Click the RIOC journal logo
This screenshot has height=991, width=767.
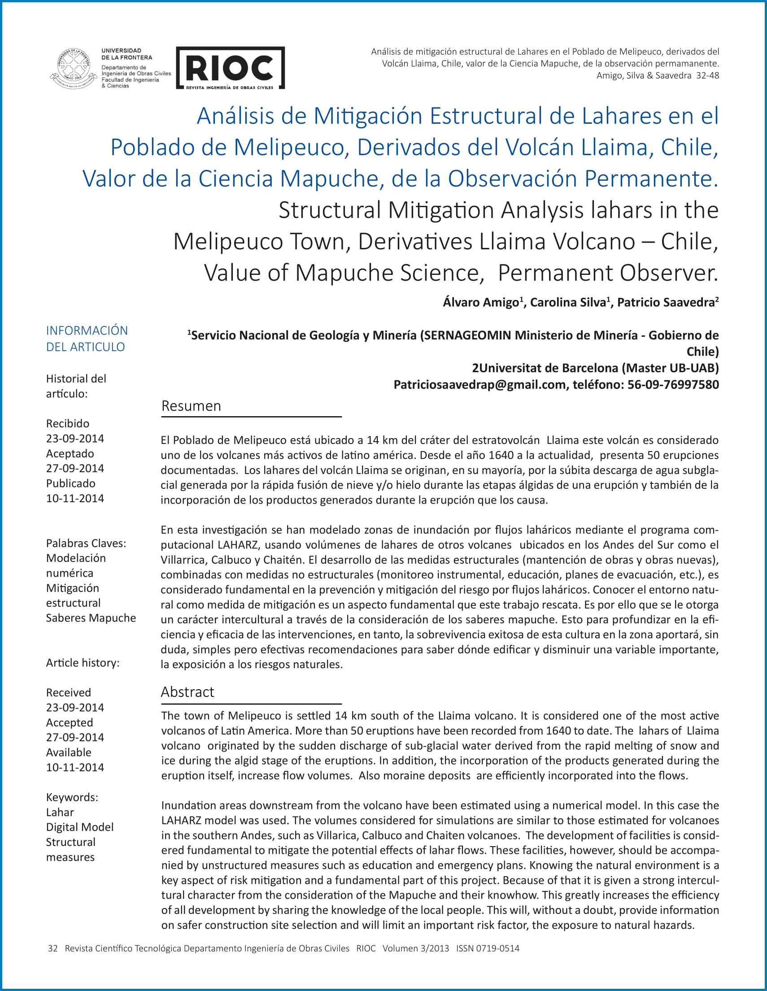230,68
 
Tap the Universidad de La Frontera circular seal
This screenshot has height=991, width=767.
73,68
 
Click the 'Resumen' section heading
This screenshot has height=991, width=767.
191,406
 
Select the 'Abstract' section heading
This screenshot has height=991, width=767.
187,692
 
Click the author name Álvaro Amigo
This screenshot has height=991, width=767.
481,302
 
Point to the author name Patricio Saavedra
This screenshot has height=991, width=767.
666,302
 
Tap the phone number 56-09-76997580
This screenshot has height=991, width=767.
673,385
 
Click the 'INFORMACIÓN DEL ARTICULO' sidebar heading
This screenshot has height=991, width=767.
87,339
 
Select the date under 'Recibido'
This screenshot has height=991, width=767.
75,439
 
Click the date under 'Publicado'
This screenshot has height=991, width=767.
75,498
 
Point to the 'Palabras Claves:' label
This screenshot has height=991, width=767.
86,543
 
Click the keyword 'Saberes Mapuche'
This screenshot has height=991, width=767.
91,618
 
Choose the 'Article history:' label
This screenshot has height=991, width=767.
83,663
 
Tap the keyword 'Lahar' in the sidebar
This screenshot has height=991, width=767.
60,812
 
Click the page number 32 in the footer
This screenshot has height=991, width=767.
52,948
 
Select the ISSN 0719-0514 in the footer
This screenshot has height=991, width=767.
488,948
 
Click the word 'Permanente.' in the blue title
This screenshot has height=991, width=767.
651,178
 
